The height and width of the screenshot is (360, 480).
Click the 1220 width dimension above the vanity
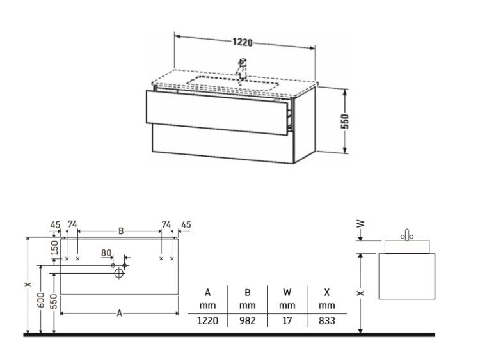(x=243, y=42)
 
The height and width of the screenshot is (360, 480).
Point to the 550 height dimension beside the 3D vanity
(x=345, y=121)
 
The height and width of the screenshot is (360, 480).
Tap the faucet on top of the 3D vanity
(x=242, y=69)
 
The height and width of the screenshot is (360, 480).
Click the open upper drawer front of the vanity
(x=217, y=113)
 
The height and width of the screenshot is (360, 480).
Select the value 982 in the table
(x=247, y=320)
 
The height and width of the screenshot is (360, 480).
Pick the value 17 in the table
(x=287, y=320)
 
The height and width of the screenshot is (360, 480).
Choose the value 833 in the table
(x=327, y=320)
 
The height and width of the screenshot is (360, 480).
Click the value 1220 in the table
(x=207, y=320)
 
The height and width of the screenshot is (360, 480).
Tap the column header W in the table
(x=287, y=292)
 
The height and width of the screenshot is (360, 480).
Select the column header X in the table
(x=327, y=292)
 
